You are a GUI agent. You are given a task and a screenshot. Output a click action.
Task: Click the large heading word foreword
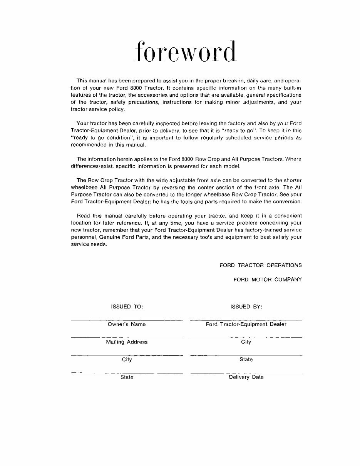click(x=186, y=52)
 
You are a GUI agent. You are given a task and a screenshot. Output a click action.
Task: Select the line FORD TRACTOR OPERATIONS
click(x=261, y=265)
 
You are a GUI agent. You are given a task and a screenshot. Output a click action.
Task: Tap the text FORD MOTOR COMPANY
click(x=268, y=280)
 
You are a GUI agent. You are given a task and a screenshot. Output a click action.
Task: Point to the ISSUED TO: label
click(x=127, y=307)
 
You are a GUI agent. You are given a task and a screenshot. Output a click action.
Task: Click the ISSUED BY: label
click(x=246, y=307)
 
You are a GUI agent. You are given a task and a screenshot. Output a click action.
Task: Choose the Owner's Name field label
click(x=127, y=324)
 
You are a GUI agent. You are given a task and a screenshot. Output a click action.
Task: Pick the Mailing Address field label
click(x=127, y=342)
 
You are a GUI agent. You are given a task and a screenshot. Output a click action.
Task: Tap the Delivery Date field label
click(x=246, y=377)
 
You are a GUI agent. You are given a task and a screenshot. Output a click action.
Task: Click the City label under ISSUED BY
click(x=246, y=342)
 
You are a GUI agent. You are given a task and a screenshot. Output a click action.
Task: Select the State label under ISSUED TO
click(x=127, y=377)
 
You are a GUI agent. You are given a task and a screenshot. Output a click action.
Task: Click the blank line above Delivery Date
click(x=246, y=373)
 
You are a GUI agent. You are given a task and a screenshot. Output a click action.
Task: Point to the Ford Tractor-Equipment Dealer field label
click(x=246, y=324)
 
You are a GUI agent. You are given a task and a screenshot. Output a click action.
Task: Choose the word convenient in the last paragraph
click(x=285, y=216)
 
